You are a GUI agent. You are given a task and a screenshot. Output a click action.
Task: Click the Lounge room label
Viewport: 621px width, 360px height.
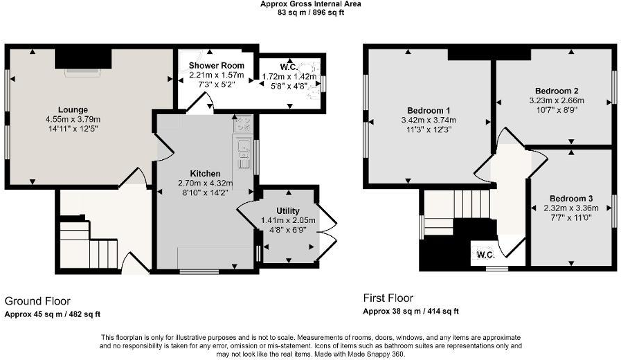pyautogui.click(x=73, y=109)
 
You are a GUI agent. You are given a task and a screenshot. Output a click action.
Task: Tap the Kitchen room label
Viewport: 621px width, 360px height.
pyautogui.click(x=206, y=173)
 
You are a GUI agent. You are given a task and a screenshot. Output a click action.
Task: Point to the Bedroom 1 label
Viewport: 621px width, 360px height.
pyautogui.click(x=429, y=110)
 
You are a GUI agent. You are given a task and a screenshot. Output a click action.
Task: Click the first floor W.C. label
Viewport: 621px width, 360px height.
pyautogui.click(x=485, y=254)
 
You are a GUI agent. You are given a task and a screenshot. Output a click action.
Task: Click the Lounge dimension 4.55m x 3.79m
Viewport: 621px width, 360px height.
pyautogui.click(x=73, y=118)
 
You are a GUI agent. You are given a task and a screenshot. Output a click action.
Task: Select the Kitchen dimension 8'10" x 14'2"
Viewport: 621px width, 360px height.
pyautogui.click(x=206, y=192)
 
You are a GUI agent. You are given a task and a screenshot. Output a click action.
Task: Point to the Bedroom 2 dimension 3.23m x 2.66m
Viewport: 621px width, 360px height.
pyautogui.click(x=556, y=100)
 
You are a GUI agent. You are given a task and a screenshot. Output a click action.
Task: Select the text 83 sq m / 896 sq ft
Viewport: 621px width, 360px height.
pyautogui.click(x=310, y=12)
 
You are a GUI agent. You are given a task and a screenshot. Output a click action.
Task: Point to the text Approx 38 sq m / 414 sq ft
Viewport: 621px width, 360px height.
pyautogui.click(x=411, y=312)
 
